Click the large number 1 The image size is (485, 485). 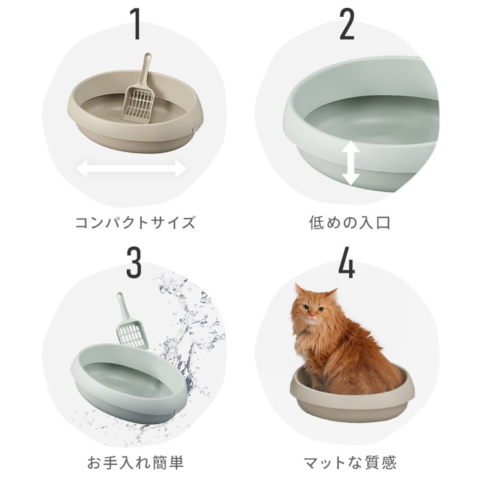pos(135,25)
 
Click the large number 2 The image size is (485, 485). pos(347,25)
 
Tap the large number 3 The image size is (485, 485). pos(134,262)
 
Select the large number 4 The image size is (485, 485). pos(347,262)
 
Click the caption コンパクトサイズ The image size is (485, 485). pos(135,223)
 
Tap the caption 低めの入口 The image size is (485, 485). pos(349,223)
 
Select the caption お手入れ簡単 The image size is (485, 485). pos(135,462)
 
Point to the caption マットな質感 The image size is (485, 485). pos(349,462)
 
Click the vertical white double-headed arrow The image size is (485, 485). pos(350,164)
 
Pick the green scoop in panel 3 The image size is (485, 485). pos(133,327)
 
